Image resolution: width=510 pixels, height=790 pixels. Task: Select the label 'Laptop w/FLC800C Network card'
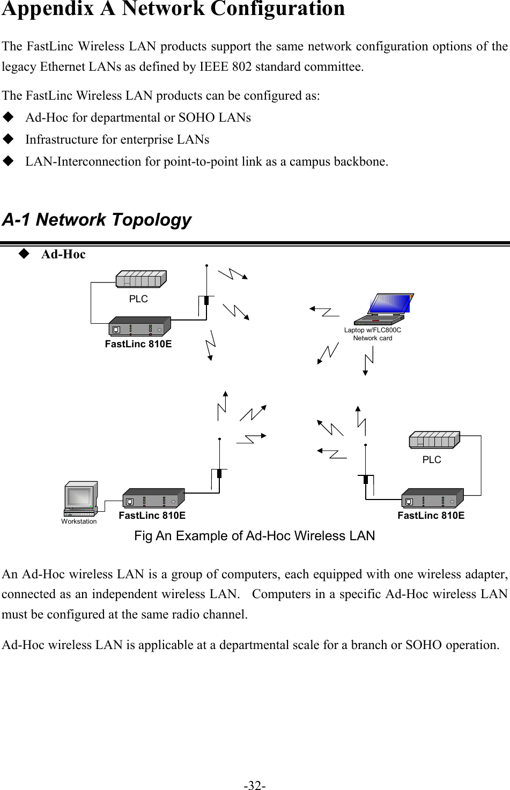point(373,334)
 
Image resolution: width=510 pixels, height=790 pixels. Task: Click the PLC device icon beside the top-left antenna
point(141,279)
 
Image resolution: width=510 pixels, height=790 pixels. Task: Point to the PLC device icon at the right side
point(434,439)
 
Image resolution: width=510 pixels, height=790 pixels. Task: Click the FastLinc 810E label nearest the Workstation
point(152,516)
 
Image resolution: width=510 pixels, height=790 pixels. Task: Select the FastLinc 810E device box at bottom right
point(432,498)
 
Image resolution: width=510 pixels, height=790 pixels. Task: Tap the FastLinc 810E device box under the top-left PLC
point(139,326)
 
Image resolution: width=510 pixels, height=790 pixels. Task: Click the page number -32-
point(255,785)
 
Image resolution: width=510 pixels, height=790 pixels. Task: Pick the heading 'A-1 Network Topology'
point(97,220)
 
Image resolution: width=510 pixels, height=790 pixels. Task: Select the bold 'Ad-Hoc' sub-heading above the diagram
point(63,255)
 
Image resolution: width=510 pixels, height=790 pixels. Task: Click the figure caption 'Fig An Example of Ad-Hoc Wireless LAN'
point(254,536)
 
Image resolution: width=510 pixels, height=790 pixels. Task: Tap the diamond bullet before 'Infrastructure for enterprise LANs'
point(8,139)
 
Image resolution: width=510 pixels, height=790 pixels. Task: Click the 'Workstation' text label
point(79,521)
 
